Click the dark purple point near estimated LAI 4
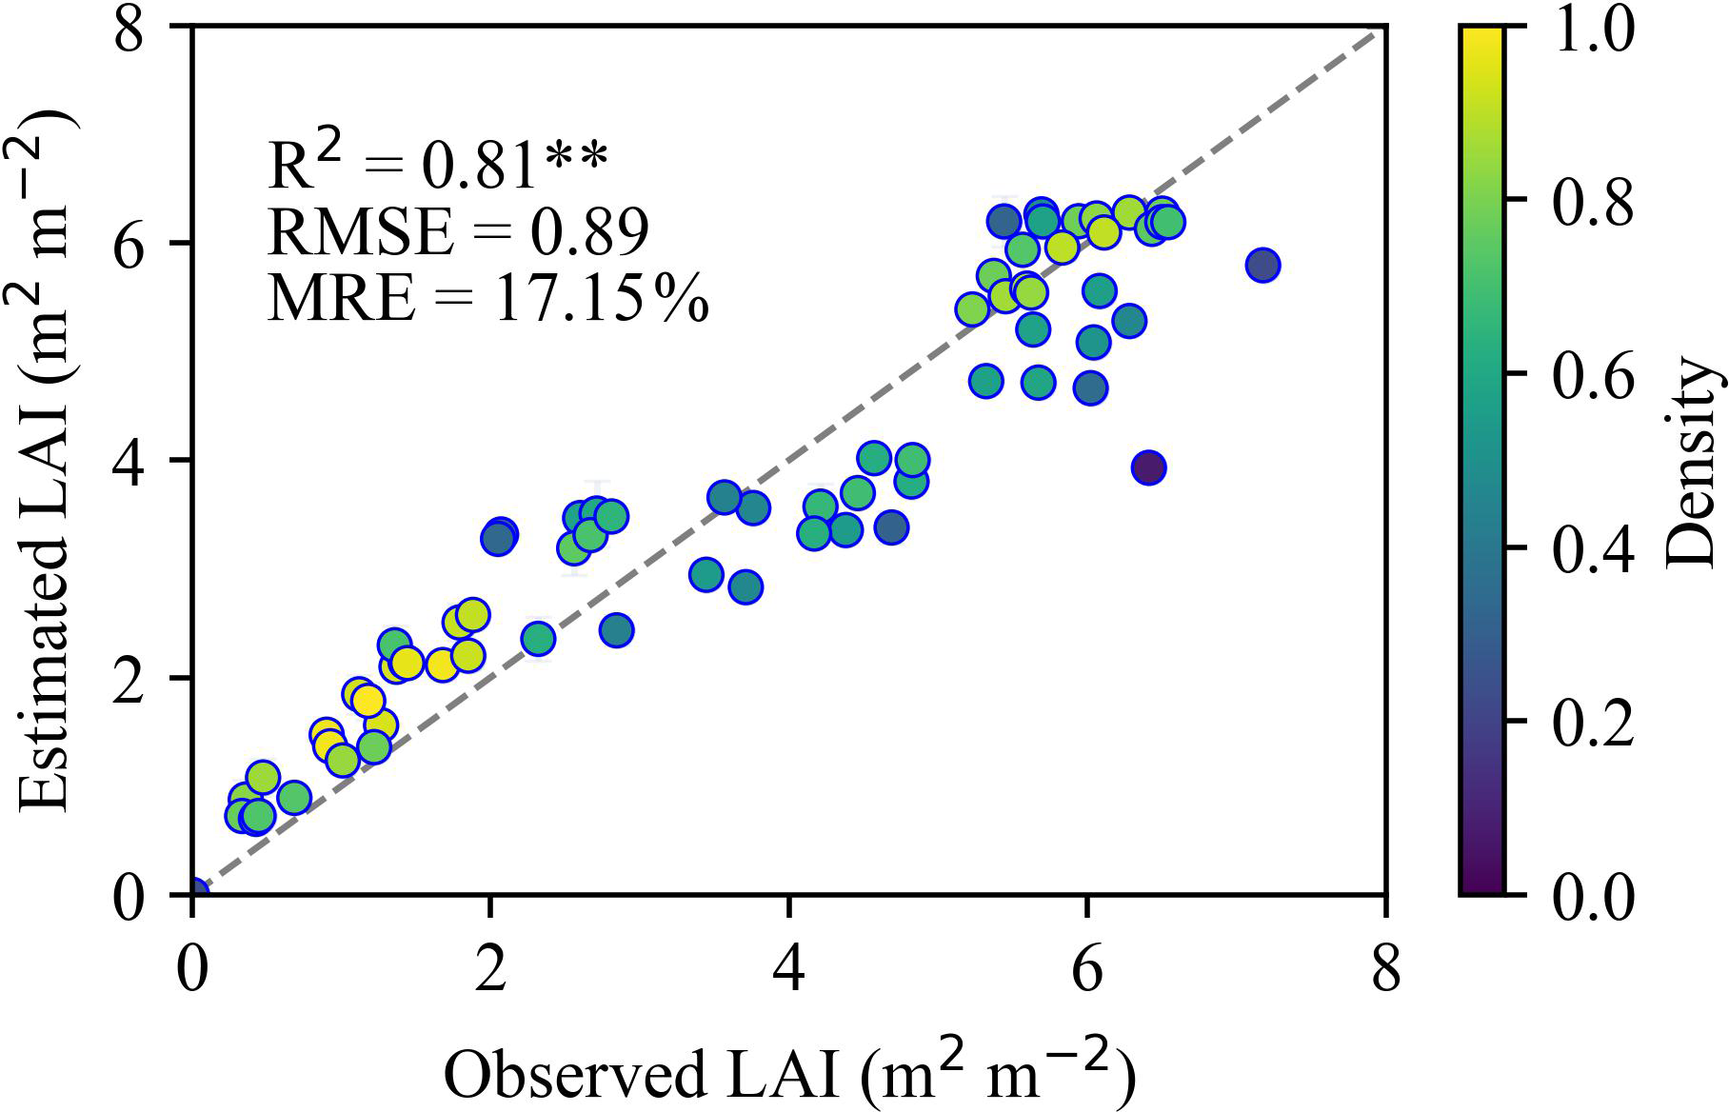(x=1149, y=467)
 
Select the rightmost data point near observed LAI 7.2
(x=1262, y=265)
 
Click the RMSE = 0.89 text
(x=458, y=231)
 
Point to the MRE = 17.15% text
(x=488, y=300)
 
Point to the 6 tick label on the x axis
(x=1087, y=971)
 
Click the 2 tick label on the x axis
(x=489, y=971)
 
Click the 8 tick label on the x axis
(x=1386, y=971)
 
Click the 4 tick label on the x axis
(x=789, y=971)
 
